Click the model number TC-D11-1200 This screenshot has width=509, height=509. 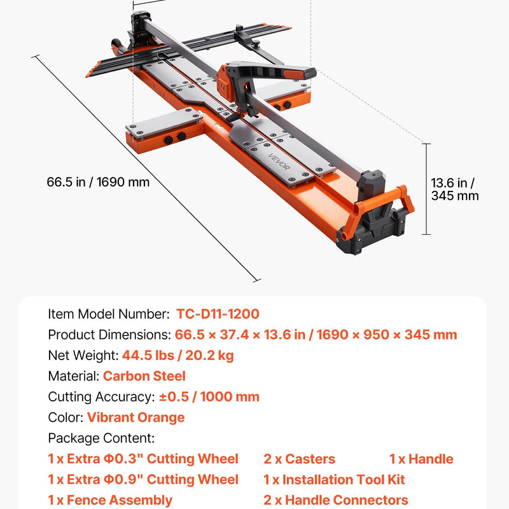218,314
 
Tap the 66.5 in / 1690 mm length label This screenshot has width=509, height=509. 98,182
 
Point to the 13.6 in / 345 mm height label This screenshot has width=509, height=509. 454,189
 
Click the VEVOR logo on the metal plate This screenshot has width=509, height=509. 279,162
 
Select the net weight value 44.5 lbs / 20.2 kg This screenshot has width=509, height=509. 178,356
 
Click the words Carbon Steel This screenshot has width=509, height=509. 144,376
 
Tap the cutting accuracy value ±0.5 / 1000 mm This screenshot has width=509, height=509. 209,396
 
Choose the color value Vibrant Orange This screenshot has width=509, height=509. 136,417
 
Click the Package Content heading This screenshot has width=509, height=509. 101,438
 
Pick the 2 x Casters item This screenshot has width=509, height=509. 299,459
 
